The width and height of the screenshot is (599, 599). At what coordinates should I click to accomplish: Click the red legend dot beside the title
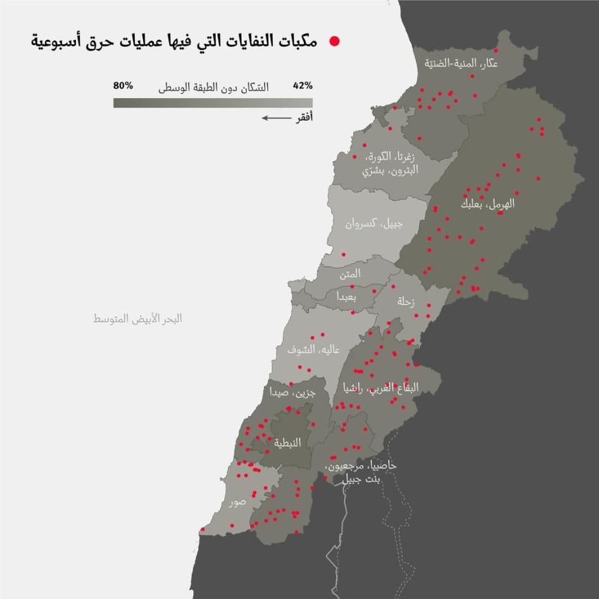click(334, 42)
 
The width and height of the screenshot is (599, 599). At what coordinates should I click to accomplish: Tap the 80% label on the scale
click(123, 85)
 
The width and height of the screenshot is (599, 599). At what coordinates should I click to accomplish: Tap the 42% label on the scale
click(303, 86)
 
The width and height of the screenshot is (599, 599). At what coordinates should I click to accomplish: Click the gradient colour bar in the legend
click(213, 102)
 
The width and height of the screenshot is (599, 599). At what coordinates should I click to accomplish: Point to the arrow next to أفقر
click(274, 118)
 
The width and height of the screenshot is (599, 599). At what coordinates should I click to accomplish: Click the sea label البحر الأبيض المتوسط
click(137, 318)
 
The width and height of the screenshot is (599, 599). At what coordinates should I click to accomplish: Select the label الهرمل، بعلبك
click(488, 205)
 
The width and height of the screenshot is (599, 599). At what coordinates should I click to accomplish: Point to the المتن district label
click(350, 274)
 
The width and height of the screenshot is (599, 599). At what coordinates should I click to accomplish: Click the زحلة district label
click(405, 302)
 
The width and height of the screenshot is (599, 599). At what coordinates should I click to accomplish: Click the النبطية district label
click(287, 443)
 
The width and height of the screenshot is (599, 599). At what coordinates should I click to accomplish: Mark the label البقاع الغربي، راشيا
click(380, 388)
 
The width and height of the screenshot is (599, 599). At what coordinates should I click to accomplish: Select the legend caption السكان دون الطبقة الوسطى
click(213, 87)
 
